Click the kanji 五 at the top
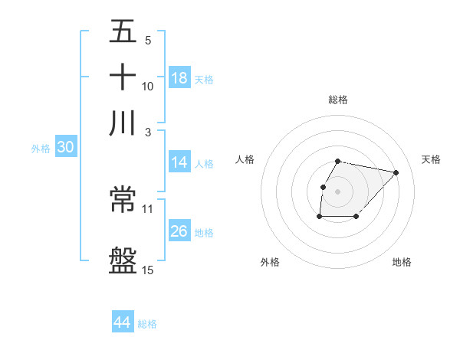123,32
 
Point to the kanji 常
123,200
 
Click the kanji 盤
123,260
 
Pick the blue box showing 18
179,78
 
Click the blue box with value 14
179,162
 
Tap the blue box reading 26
179,231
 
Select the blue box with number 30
65,148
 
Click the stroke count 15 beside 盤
148,269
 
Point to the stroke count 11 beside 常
148,208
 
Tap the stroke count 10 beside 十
148,86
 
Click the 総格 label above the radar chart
338,100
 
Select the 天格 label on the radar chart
431,159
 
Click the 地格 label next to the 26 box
204,232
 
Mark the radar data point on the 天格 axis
396,172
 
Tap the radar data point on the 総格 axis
338,161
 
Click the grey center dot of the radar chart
338,191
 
